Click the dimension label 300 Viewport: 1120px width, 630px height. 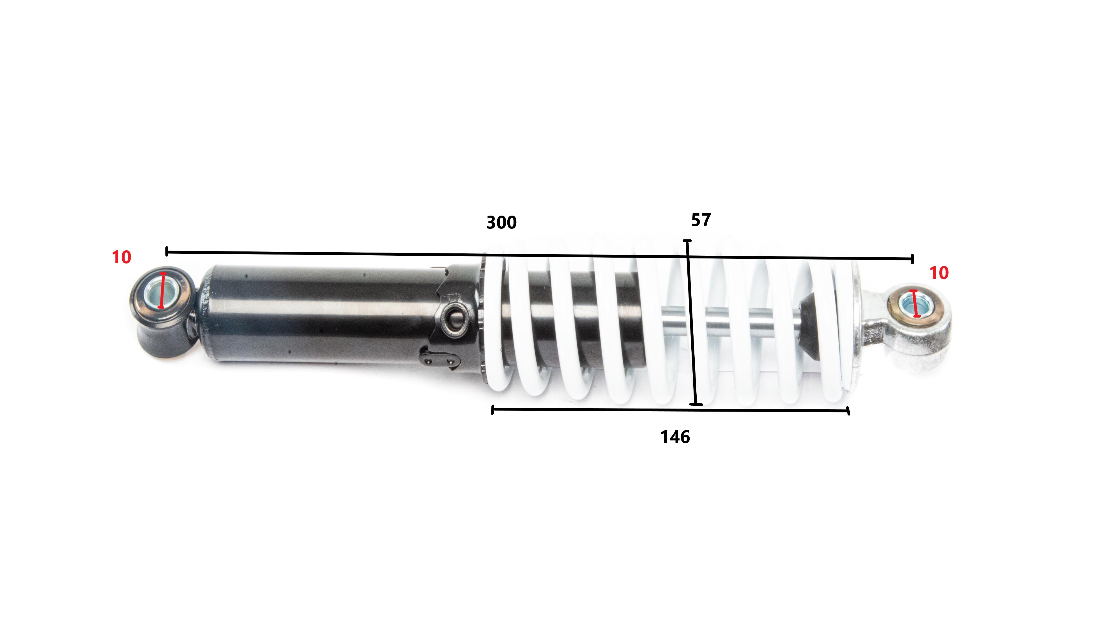coord(501,223)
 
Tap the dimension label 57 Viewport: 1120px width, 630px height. coord(701,220)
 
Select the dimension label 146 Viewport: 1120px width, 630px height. coord(675,437)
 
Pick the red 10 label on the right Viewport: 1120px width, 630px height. coord(939,273)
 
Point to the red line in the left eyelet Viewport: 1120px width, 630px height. coord(162,290)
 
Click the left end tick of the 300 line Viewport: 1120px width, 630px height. coord(167,251)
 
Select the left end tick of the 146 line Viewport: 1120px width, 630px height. coord(492,410)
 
